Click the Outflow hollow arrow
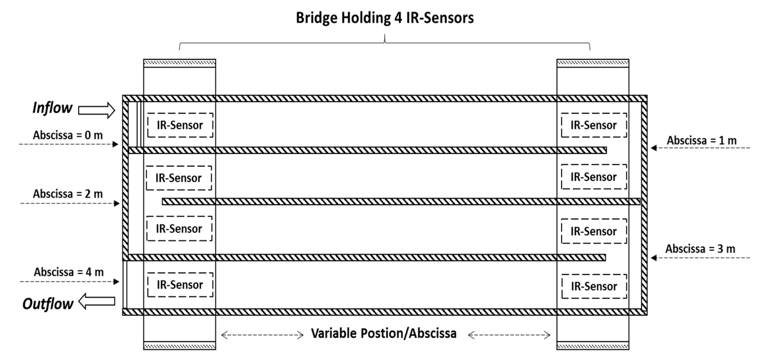pyautogui.click(x=97, y=301)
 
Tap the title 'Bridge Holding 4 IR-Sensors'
pyautogui.click(x=385, y=18)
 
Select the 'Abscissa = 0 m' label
pyautogui.click(x=68, y=135)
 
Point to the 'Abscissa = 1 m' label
pyautogui.click(x=702, y=140)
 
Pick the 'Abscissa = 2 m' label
pyautogui.click(x=68, y=194)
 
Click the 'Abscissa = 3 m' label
pyautogui.click(x=700, y=249)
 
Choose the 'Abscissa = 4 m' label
pyautogui.click(x=69, y=272)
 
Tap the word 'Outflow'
pyautogui.click(x=48, y=304)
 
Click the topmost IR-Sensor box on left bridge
pyautogui.click(x=180, y=125)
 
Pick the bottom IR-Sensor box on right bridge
pyautogui.click(x=594, y=286)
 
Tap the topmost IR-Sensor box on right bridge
pyautogui.click(x=594, y=125)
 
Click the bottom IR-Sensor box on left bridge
pyautogui.click(x=180, y=285)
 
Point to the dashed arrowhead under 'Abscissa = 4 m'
pyautogui.click(x=117, y=281)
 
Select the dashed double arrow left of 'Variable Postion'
pyautogui.click(x=262, y=335)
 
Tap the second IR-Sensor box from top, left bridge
pyautogui.click(x=179, y=178)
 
